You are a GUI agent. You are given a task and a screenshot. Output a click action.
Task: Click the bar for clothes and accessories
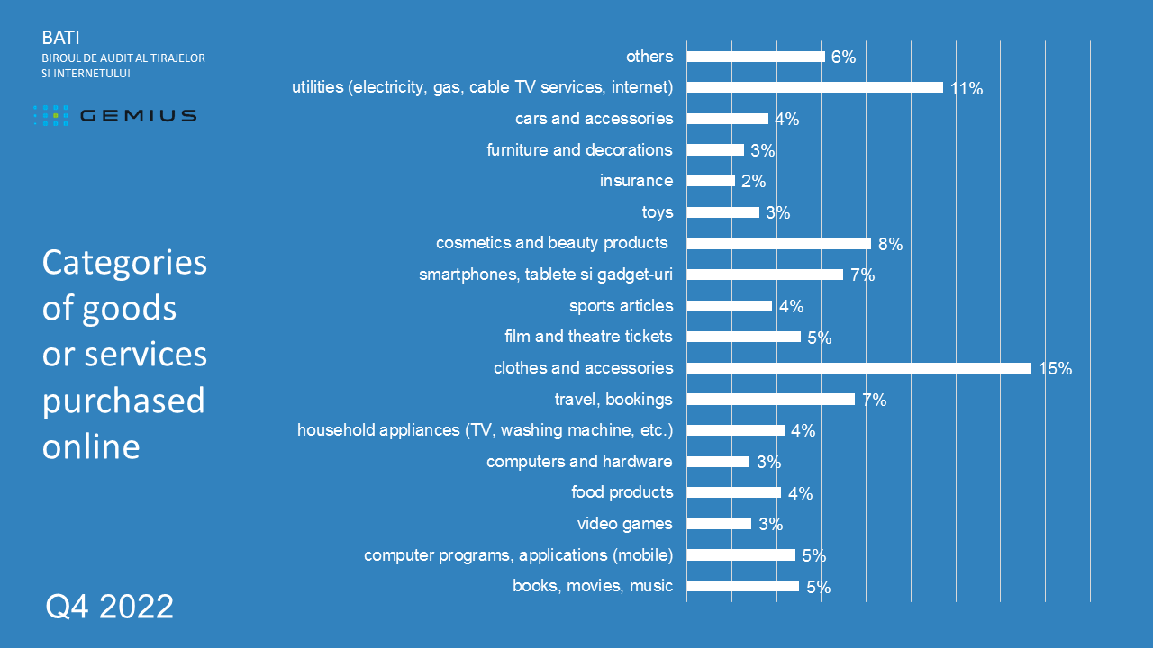[858, 368]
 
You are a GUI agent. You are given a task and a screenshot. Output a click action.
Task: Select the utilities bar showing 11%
[814, 87]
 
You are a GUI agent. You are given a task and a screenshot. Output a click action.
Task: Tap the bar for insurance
[711, 181]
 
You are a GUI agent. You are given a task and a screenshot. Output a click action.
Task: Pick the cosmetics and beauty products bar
[778, 243]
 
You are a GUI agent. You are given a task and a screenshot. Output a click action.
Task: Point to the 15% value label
[1055, 369]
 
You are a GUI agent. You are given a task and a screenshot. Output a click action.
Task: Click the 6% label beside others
[843, 58]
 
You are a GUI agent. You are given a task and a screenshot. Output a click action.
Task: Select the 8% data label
[890, 244]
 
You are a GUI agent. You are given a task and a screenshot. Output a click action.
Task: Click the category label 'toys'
[658, 212]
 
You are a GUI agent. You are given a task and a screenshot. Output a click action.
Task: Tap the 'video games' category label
[624, 524]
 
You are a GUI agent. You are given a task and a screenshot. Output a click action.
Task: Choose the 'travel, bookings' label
[613, 399]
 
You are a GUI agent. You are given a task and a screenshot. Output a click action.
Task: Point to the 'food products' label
[622, 492]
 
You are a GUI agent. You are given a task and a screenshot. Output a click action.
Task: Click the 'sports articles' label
[621, 306]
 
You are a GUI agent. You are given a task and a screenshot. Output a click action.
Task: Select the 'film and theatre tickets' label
[588, 337]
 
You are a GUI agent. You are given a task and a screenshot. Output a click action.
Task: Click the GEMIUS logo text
[138, 115]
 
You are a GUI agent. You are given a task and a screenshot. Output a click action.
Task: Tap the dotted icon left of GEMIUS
[51, 115]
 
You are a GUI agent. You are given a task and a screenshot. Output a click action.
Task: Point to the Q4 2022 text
[110, 607]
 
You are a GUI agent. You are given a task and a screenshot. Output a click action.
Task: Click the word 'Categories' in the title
[124, 263]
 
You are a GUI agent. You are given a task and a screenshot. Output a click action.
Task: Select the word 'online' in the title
[91, 446]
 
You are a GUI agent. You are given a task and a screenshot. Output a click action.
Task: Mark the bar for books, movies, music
[742, 586]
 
